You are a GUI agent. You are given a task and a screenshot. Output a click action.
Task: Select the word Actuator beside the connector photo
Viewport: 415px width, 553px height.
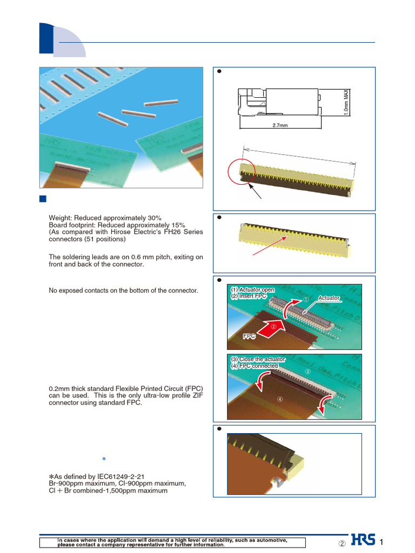pos(329,298)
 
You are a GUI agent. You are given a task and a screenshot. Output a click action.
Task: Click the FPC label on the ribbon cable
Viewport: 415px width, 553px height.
pos(249,336)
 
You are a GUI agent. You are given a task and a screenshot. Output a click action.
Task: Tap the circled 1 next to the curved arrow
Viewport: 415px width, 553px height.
pos(305,299)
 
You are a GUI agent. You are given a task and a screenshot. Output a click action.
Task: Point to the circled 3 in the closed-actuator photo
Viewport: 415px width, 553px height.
pos(308,372)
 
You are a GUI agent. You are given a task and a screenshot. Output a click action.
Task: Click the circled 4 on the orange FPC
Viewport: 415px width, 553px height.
pos(279,399)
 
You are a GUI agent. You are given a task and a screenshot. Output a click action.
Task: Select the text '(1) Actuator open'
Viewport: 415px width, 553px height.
pos(252,290)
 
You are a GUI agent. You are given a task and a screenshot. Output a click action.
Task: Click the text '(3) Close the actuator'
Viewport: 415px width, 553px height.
pos(257,359)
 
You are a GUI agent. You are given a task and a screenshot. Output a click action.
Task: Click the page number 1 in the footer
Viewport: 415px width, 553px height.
pos(382,542)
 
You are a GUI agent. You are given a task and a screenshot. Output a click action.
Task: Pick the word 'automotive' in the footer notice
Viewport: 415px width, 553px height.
pos(270,539)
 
